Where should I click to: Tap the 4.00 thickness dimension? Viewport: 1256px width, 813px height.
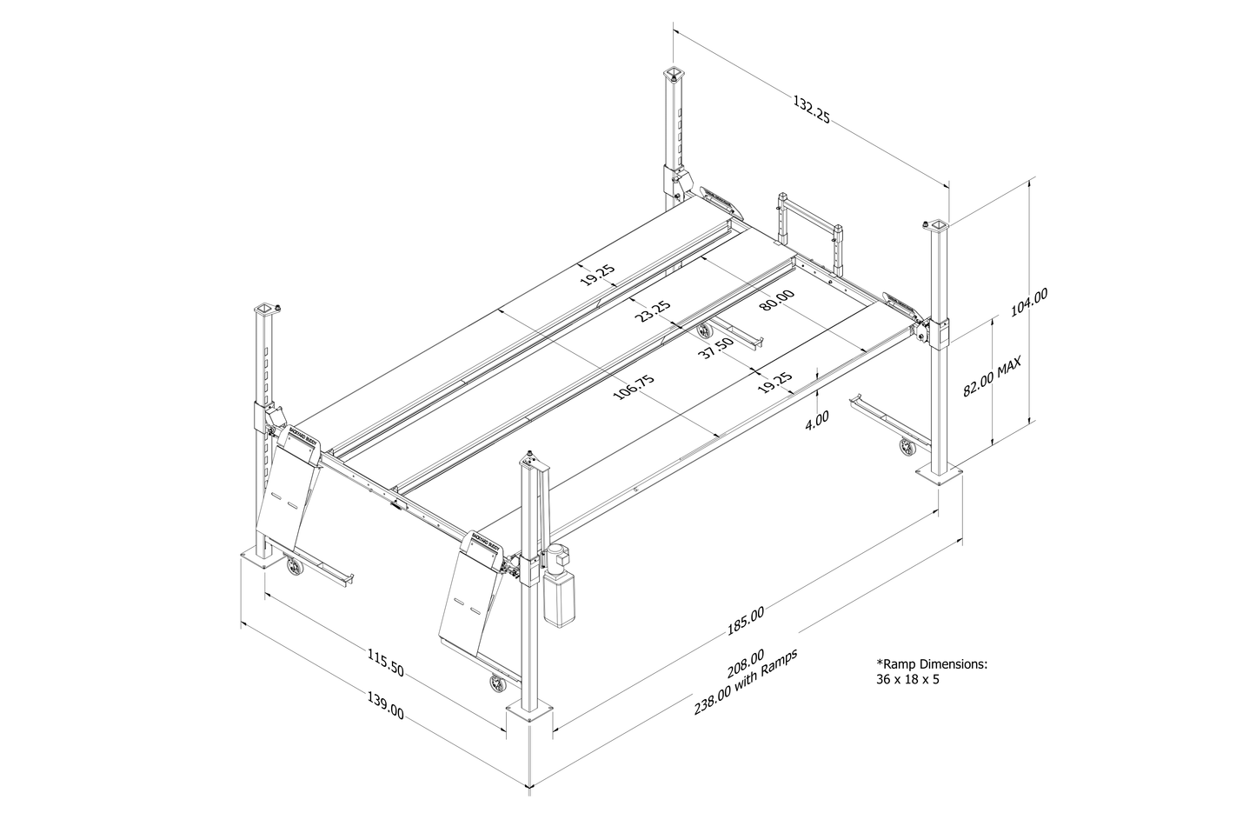tap(817, 416)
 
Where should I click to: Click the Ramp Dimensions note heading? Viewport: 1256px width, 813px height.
tap(932, 663)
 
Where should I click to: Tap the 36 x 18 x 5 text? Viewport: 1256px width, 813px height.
tap(907, 679)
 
